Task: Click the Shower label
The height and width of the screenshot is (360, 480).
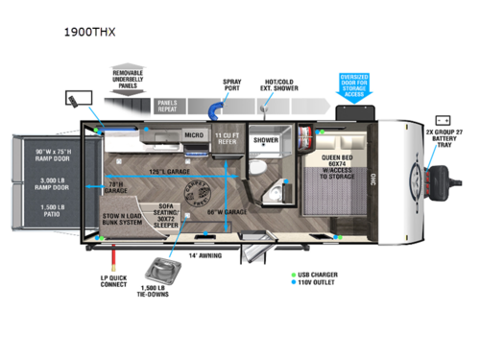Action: [x=265, y=139]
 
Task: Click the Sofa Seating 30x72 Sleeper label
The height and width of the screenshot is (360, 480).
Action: [x=167, y=212]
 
